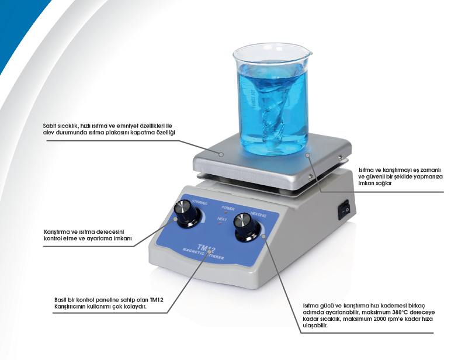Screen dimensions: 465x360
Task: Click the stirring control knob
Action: coord(187,214)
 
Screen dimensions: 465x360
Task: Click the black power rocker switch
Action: coord(344,209)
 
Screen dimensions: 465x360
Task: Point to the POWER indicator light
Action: coord(225,213)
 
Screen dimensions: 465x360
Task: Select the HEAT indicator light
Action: coord(220,223)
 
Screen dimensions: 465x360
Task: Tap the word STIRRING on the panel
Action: coord(199,202)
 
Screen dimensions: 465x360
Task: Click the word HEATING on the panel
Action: coord(258,214)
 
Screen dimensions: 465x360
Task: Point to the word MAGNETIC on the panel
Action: coord(193,252)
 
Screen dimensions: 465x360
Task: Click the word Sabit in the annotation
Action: coord(49,126)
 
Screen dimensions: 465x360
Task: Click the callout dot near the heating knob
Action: coord(263,236)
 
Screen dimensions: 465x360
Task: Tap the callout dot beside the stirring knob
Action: coord(176,219)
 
